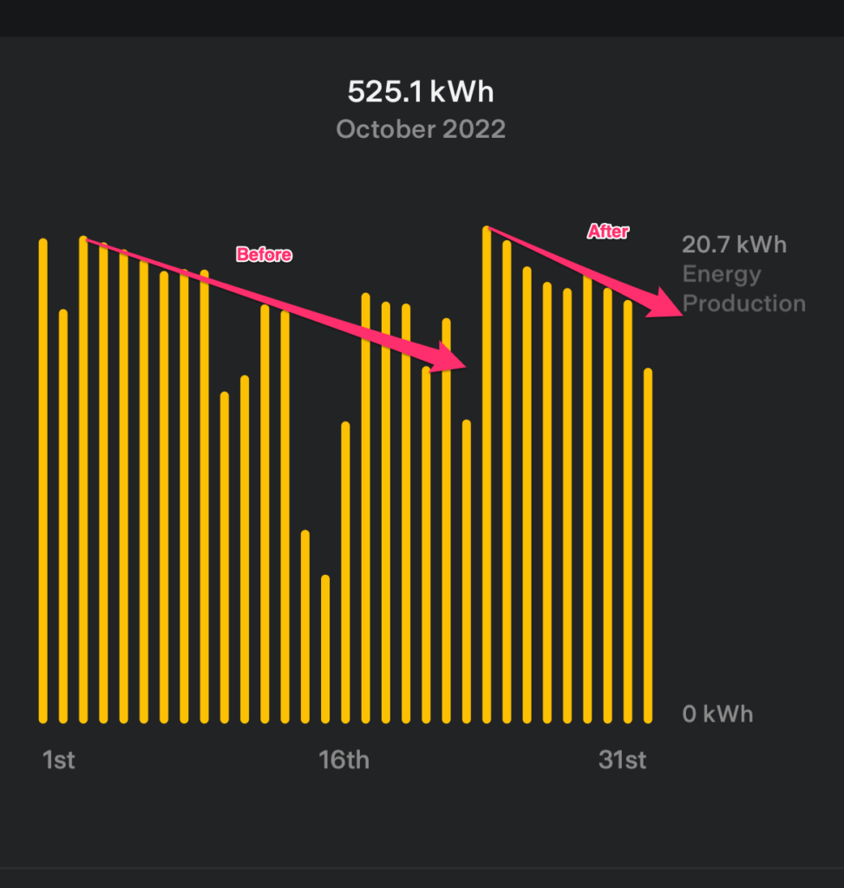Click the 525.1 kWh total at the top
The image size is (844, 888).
(x=421, y=92)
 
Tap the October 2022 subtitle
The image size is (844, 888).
(x=421, y=130)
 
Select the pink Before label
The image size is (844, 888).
(x=265, y=255)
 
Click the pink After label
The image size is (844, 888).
(x=608, y=232)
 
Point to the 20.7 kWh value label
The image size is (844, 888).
(x=734, y=245)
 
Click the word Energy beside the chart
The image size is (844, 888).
(x=722, y=274)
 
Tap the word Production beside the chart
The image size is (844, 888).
(x=744, y=304)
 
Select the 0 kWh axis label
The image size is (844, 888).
(x=717, y=715)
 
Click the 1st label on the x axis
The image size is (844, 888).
(x=58, y=761)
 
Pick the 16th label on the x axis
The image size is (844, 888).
(x=343, y=761)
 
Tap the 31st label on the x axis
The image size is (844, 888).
(x=622, y=761)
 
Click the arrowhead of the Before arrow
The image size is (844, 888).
(x=451, y=357)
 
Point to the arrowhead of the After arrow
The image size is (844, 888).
(x=670, y=304)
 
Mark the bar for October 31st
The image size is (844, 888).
(x=648, y=545)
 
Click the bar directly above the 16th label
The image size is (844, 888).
(x=345, y=572)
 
